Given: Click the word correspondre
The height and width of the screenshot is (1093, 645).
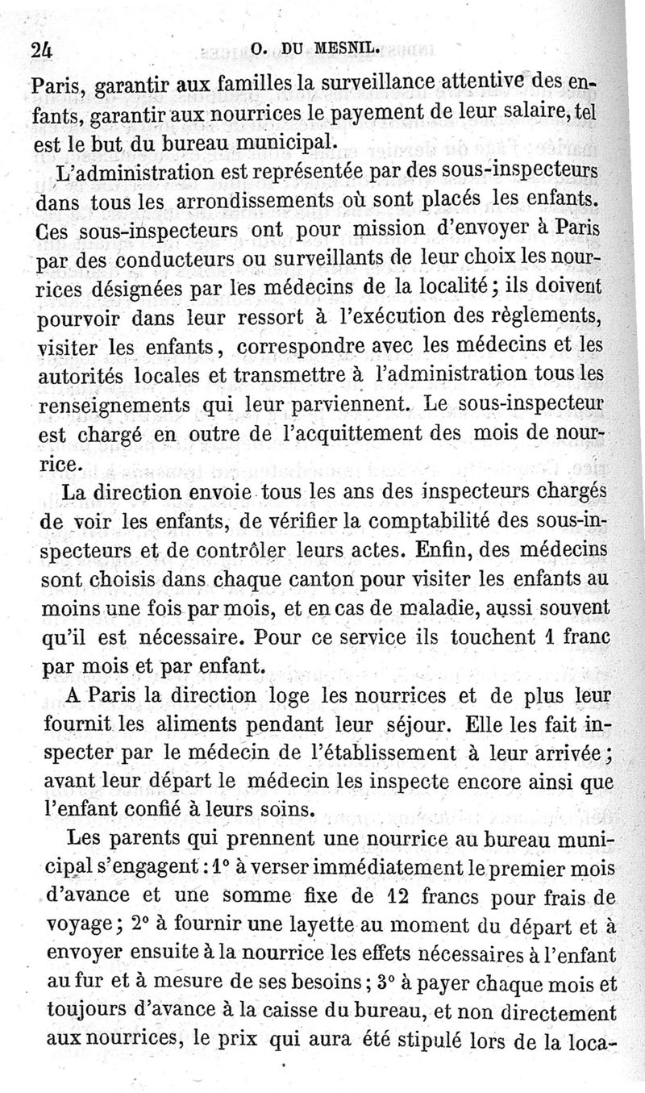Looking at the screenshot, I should click(302, 348).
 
